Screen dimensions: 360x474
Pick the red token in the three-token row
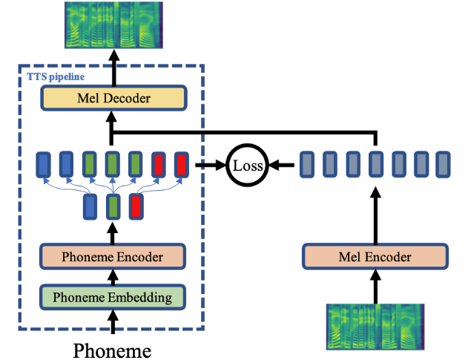(136, 206)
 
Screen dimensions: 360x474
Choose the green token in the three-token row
(112, 206)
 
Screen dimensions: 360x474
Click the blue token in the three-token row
(89, 206)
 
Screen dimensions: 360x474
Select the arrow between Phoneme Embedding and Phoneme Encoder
(112, 278)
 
